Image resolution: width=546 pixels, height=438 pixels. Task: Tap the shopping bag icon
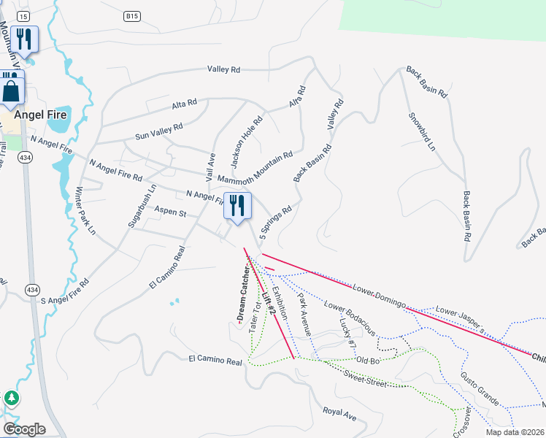click(x=12, y=91)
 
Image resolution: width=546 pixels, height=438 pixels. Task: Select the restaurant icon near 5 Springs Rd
click(x=237, y=207)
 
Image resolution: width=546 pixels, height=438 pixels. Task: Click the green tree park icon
click(x=11, y=399)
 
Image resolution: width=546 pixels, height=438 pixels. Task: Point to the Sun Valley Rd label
click(x=158, y=131)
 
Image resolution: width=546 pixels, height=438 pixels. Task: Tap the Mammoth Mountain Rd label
click(x=255, y=168)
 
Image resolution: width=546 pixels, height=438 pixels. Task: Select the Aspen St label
click(x=171, y=212)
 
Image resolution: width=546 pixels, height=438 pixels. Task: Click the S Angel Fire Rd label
click(x=64, y=291)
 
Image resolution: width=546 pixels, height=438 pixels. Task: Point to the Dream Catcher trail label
click(x=243, y=293)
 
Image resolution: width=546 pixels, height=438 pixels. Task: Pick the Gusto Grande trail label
click(x=479, y=389)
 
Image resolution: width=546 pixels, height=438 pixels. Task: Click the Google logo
click(x=23, y=429)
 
